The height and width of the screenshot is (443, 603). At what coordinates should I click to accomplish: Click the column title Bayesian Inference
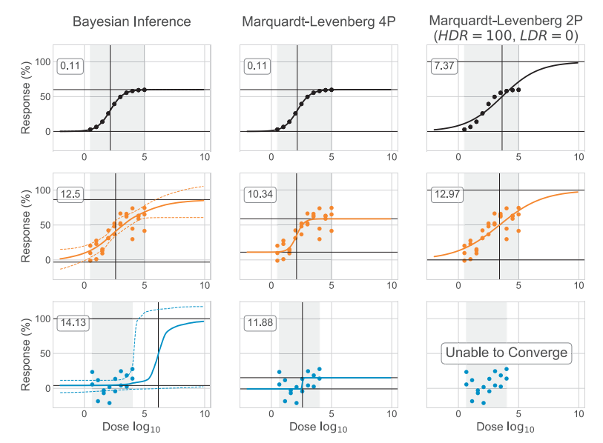click(131, 21)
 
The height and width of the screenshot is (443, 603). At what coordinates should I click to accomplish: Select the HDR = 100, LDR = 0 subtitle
click(507, 35)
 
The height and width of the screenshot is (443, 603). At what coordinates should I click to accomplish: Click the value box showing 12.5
click(71, 194)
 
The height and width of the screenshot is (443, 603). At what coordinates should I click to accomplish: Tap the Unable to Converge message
click(507, 353)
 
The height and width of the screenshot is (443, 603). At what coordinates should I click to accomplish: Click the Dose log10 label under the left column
click(131, 427)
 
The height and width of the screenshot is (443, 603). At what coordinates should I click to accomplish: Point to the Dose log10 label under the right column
click(507, 427)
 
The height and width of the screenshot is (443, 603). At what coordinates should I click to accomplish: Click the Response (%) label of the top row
click(25, 97)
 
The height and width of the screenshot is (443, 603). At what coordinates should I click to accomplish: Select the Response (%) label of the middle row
click(25, 225)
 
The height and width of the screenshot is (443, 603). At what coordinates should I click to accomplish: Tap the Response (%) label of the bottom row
click(25, 353)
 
